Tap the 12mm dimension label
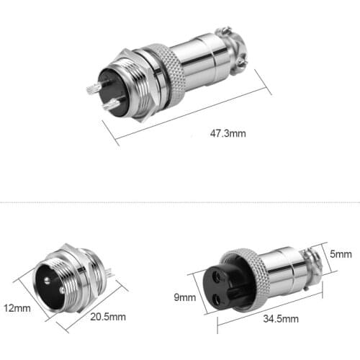(x=17, y=308)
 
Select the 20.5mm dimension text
(x=109, y=316)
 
